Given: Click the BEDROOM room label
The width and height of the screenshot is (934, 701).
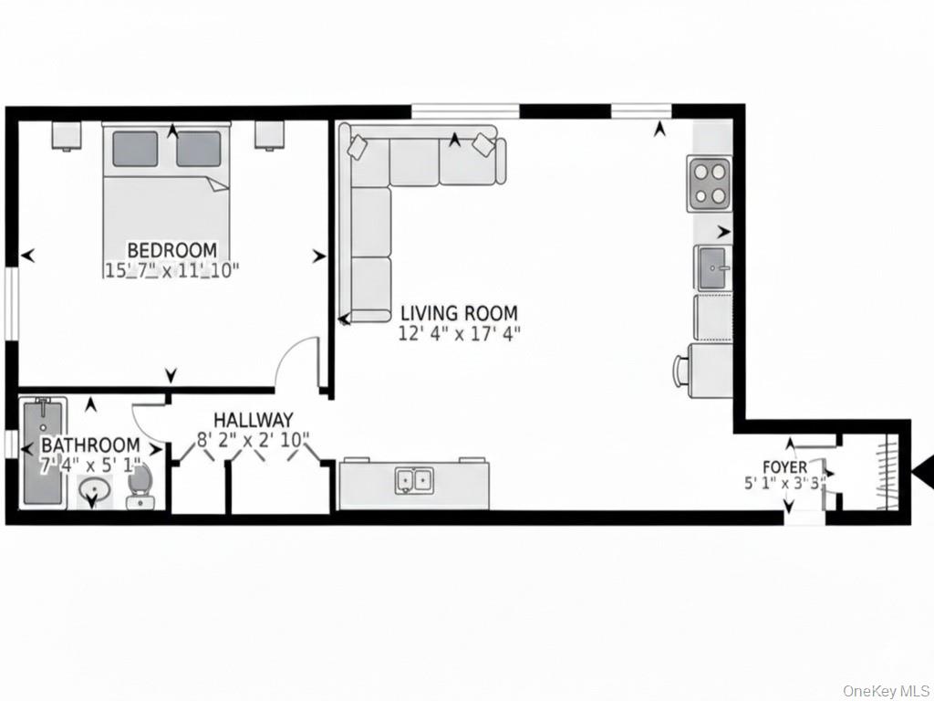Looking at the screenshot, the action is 172,249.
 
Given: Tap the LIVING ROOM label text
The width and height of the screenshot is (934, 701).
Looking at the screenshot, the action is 459,313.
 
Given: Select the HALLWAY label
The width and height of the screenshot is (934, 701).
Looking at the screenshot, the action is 254,420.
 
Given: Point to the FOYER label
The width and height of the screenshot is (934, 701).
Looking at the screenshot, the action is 785,466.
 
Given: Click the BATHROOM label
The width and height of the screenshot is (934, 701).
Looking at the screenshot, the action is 90,445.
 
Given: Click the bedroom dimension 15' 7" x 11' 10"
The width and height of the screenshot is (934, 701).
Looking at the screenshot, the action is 172,270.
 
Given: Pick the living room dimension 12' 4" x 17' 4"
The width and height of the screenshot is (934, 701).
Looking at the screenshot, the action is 459,333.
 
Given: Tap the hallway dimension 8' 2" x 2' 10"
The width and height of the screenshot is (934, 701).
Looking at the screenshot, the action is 254,440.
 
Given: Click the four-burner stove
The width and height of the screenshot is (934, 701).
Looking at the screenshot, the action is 709,183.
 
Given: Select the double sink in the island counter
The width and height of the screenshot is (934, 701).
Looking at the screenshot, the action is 414,480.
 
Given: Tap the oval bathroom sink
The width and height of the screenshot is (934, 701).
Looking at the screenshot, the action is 94,490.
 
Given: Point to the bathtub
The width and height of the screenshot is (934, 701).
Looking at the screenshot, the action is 43,453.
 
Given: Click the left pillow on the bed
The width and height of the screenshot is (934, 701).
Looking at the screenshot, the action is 135,149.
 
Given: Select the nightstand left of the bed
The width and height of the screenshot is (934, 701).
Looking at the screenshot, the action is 66,135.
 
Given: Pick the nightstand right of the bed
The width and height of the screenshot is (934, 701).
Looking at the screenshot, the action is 270,135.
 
